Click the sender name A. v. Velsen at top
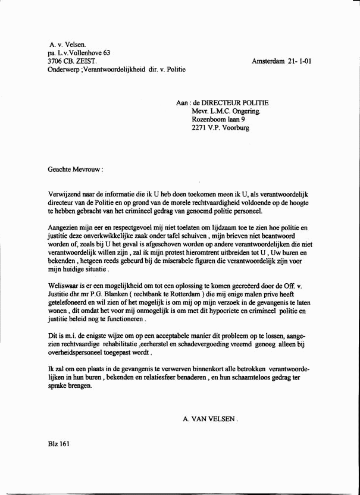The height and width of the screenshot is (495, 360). tap(68, 44)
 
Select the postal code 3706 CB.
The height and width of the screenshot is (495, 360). tap(62, 61)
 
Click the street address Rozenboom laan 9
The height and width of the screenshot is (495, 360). tap(221, 119)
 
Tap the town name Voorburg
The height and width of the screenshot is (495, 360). tap(234, 127)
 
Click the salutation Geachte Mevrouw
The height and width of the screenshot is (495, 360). tap(75, 169)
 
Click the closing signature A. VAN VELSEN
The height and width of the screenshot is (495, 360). tap(210, 419)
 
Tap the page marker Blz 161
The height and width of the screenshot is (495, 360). tap(59, 444)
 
